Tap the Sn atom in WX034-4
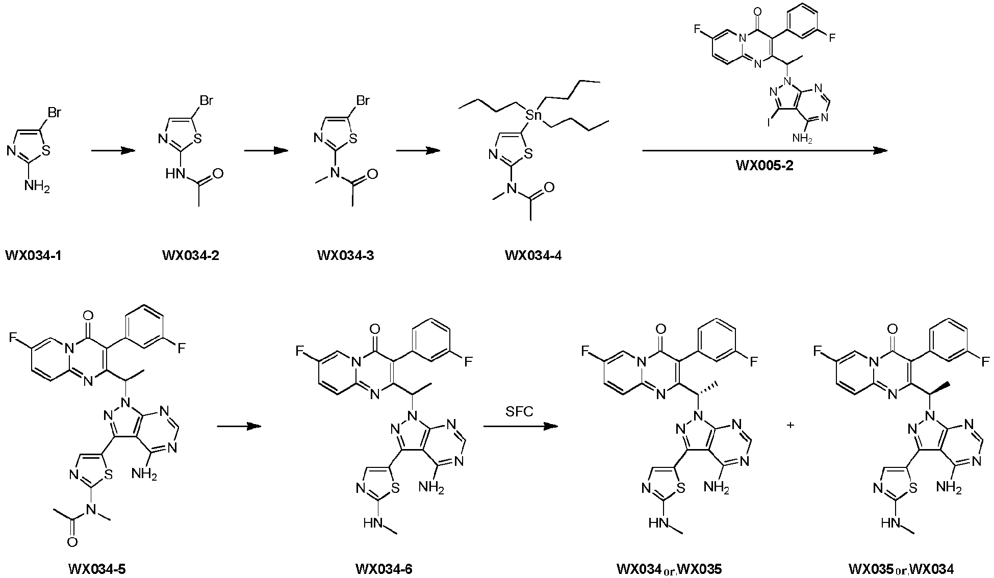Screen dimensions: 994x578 point(533,116)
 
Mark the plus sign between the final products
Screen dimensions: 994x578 point(791,425)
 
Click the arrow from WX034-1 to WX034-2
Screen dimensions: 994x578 point(113,150)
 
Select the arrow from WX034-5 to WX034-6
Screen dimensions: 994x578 point(239,427)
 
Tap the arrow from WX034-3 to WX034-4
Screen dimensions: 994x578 point(418,150)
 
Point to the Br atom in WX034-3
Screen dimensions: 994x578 point(362,101)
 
